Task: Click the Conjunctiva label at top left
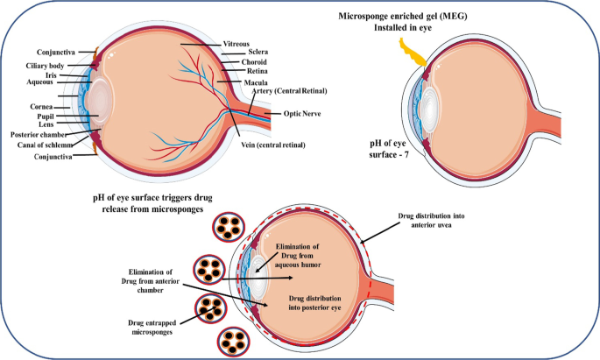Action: point(39,52)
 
